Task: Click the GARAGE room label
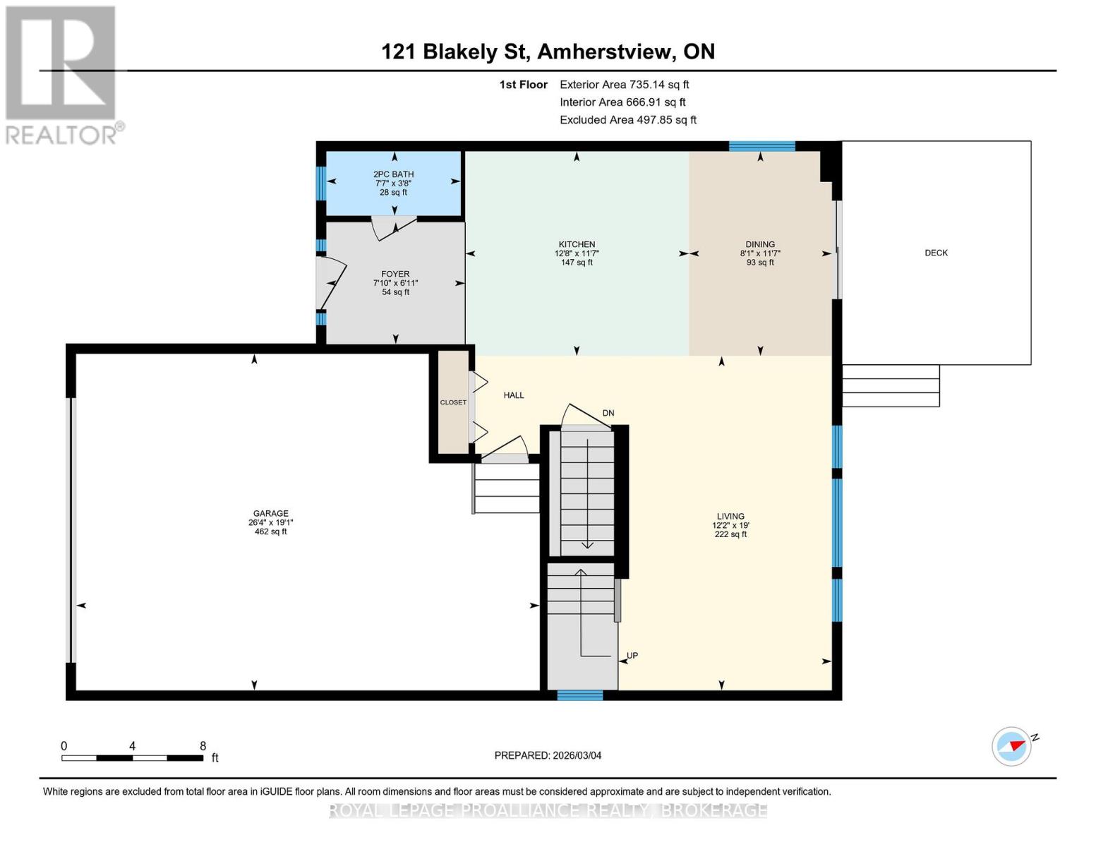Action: [271, 514]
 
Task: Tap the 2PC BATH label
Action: [394, 174]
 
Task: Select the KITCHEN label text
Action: [577, 244]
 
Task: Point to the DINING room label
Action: [759, 244]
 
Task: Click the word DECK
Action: [936, 253]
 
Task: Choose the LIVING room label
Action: [730, 517]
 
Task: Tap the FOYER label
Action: [395, 274]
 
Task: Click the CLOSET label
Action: [453, 402]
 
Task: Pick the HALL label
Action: [514, 395]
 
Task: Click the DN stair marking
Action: [608, 413]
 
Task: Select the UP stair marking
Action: [632, 656]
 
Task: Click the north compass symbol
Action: [1012, 746]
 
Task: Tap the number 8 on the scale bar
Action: [203, 746]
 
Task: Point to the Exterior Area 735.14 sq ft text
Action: [624, 85]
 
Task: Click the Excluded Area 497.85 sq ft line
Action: [627, 120]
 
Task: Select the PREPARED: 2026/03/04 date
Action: [548, 755]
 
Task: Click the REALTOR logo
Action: [62, 74]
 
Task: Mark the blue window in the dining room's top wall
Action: [761, 146]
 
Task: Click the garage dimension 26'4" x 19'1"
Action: [271, 523]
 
